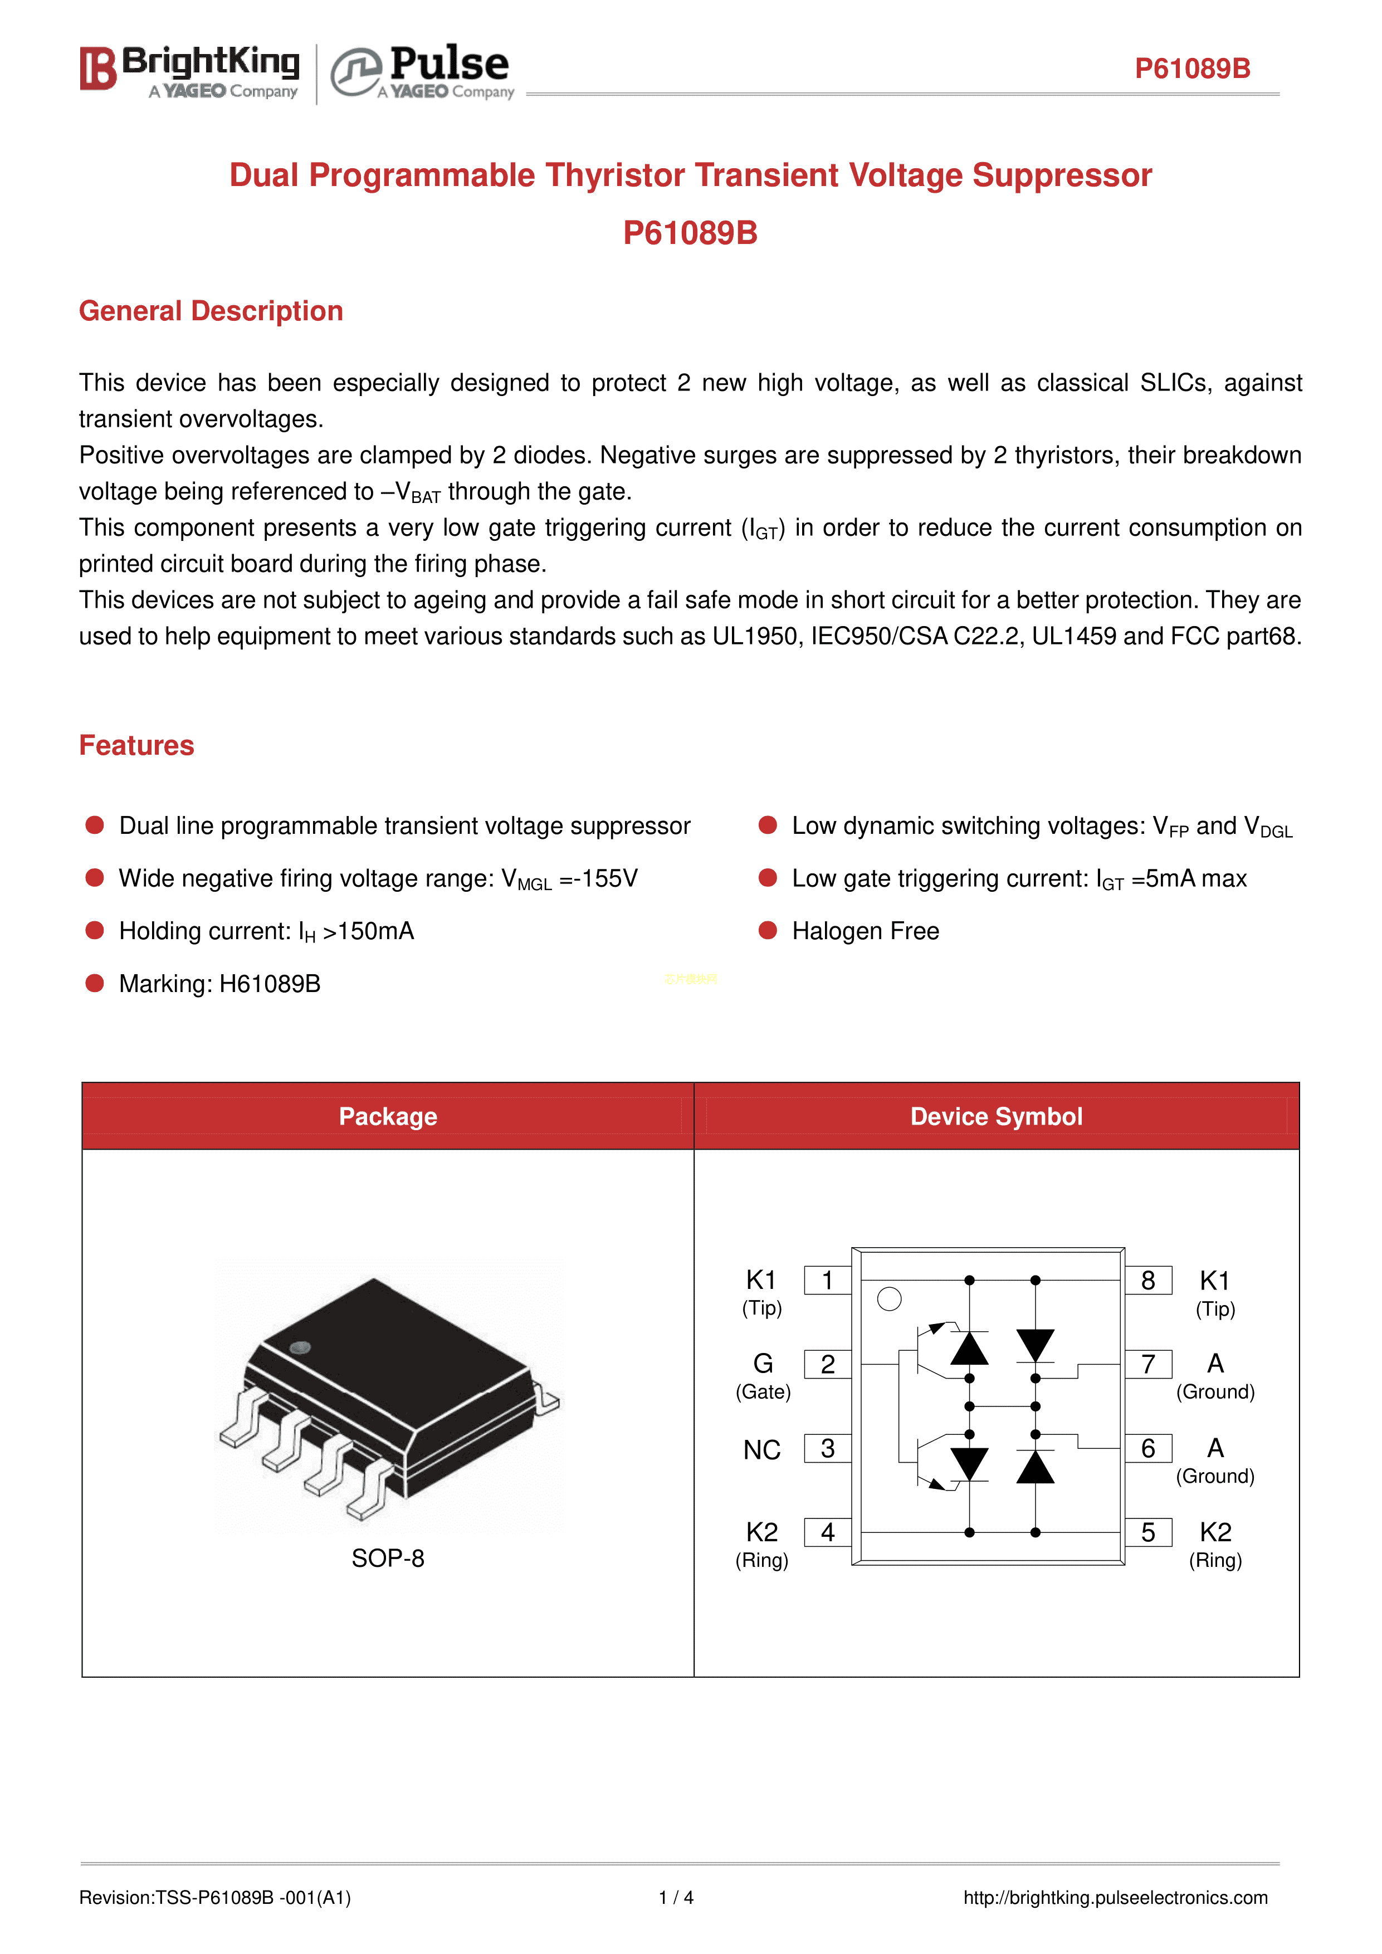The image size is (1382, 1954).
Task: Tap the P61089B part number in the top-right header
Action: click(1192, 69)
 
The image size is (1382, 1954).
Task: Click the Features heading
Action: click(136, 745)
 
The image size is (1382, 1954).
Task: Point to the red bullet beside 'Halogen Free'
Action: click(768, 930)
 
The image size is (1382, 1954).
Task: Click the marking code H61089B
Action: click(270, 984)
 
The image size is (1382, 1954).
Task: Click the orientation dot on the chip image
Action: click(300, 1348)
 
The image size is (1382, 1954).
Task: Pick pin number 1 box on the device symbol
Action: click(827, 1280)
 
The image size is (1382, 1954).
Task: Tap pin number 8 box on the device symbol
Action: click(1148, 1280)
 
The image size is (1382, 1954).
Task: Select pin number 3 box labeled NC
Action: click(827, 1448)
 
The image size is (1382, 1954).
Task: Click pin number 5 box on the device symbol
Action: click(1148, 1533)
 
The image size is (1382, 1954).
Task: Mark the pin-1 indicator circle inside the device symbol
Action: click(888, 1300)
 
